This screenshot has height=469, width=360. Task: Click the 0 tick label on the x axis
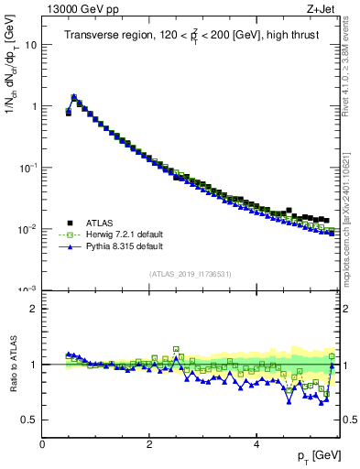tap(42, 444)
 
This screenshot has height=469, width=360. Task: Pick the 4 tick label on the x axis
tap(256, 444)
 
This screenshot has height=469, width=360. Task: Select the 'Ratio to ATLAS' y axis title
tap(12, 364)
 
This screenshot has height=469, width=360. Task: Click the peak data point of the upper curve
tap(73, 95)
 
